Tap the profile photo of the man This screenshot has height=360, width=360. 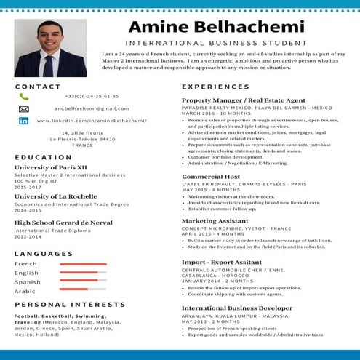click(x=50, y=48)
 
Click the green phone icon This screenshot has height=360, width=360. click(x=24, y=97)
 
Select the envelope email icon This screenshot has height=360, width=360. click(x=24, y=109)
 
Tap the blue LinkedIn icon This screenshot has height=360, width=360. click(x=24, y=121)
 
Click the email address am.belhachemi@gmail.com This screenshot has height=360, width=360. click(x=92, y=108)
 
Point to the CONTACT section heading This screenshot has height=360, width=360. click(x=38, y=87)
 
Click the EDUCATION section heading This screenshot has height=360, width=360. click(x=43, y=157)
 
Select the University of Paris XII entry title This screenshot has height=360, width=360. click(x=51, y=167)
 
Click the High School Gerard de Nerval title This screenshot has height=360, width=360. click(x=62, y=223)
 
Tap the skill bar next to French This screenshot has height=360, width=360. click(x=83, y=263)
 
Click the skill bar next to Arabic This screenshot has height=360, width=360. click(x=83, y=291)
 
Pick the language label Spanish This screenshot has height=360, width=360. click(x=28, y=281)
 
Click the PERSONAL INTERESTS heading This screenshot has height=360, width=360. click(x=70, y=305)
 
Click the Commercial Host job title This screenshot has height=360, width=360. click(x=211, y=177)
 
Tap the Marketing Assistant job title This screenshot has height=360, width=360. click(x=215, y=220)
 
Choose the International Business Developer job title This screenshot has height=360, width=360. click(x=238, y=308)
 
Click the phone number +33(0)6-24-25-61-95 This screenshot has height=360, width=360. click(x=92, y=96)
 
